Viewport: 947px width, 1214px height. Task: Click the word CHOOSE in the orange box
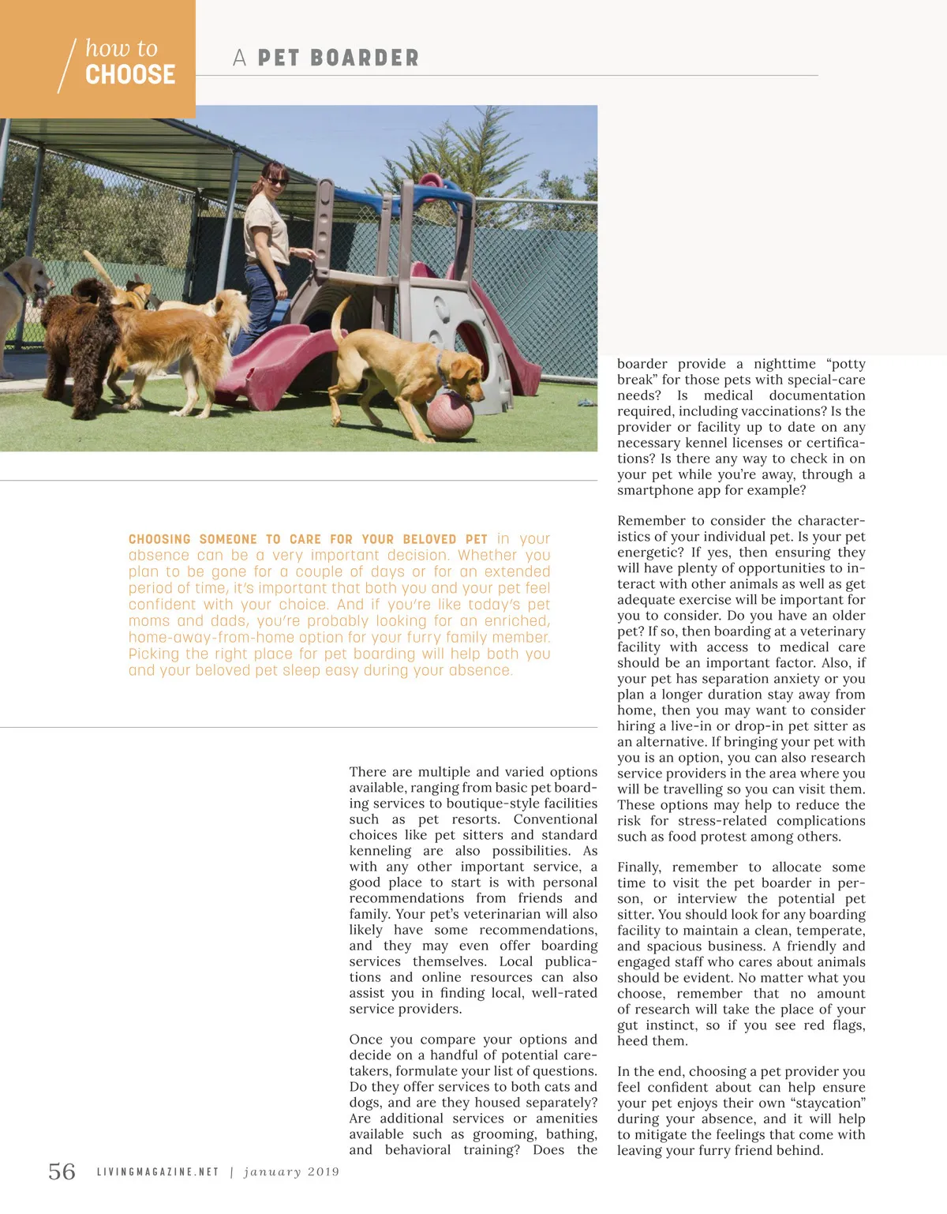[130, 75]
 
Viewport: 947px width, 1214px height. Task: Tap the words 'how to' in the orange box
[122, 48]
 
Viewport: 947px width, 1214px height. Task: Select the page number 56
[62, 1171]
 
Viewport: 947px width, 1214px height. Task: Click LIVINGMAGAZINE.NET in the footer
[158, 1172]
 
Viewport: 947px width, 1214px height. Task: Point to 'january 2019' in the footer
[291, 1172]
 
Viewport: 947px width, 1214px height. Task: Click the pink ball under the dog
[450, 414]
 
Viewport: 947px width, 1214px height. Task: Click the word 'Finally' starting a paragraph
[640, 867]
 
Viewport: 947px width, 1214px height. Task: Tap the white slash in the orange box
[67, 66]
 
